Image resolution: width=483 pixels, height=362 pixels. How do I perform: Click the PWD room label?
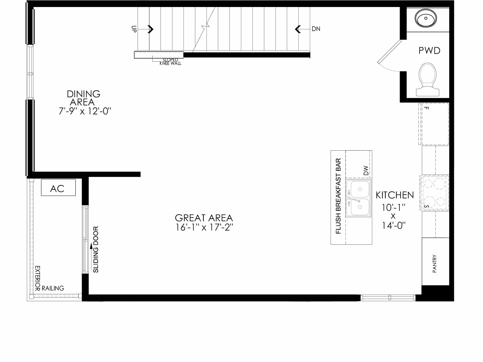[x=429, y=51]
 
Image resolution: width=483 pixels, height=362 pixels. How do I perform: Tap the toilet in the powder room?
[x=428, y=80]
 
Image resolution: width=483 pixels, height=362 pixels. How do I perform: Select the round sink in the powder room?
[x=426, y=18]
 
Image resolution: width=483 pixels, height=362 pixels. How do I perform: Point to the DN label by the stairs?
[x=316, y=29]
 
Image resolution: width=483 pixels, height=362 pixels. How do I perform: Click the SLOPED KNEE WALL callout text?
[x=170, y=62]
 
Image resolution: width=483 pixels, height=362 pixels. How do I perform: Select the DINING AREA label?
[x=83, y=98]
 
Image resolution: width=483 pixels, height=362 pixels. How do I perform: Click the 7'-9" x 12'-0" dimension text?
[x=85, y=111]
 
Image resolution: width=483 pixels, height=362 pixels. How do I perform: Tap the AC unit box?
[x=58, y=187]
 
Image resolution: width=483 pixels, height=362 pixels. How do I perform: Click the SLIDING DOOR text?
[x=96, y=250]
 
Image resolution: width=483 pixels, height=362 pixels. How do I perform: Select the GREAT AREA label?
[x=204, y=218]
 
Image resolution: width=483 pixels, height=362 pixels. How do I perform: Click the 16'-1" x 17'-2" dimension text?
[x=204, y=227]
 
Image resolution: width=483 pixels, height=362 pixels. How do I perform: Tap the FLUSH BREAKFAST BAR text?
[x=338, y=196]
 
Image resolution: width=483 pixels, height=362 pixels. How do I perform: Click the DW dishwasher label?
[x=366, y=171]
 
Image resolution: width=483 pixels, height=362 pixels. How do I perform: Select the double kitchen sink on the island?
[x=359, y=198]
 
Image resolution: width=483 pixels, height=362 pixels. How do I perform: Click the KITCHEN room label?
[x=395, y=195]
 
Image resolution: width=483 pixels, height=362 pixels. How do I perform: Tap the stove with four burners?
[x=434, y=193]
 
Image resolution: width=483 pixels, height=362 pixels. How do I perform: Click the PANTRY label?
[x=435, y=264]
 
